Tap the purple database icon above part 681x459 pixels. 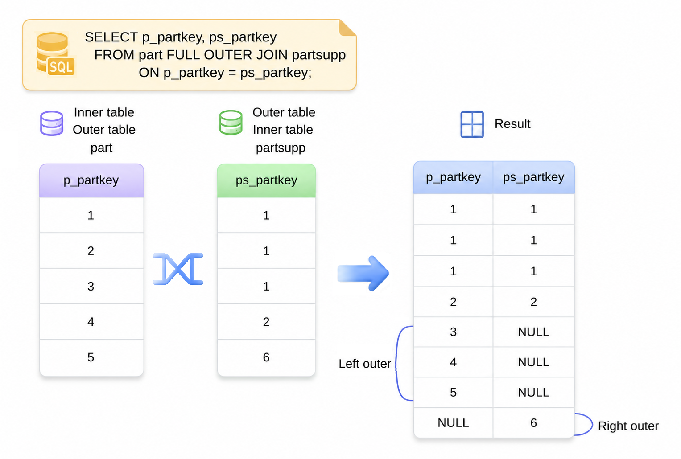52,123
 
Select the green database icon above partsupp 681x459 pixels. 231,123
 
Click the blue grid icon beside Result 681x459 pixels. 472,124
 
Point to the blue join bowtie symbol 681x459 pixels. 178,269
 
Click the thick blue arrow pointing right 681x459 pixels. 363,274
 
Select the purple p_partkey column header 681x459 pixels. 91,180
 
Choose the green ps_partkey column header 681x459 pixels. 266,180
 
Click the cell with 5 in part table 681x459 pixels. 91,357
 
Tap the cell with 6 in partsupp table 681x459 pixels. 266,357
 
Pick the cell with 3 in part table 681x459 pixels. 91,286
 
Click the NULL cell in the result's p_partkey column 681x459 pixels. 453,423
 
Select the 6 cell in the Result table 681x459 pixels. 533,423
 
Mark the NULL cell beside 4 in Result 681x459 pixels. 533,362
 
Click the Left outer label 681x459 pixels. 365,364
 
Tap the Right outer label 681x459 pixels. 628,426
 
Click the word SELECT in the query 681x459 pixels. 111,37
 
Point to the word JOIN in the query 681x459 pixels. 272,55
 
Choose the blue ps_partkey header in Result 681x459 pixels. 533,177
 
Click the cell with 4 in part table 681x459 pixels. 91,322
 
